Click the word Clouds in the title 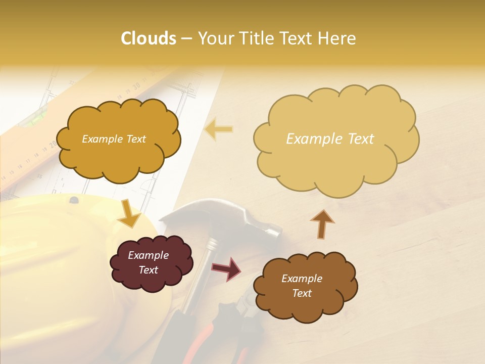(x=149, y=38)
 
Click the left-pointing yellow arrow (x=218, y=130)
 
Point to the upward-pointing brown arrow (x=322, y=223)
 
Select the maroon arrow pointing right (x=226, y=268)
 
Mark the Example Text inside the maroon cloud (x=148, y=262)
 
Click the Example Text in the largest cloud (x=330, y=139)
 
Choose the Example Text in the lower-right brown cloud (x=302, y=286)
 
